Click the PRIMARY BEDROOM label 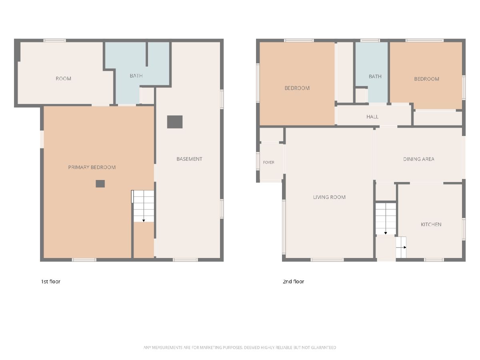92,168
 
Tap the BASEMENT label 189,159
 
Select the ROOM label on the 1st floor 64,79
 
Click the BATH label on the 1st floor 136,76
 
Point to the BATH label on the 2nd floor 375,76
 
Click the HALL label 372,117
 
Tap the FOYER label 268,162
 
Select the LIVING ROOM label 329,197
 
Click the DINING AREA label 419,159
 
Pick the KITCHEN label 431,224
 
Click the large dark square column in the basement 175,122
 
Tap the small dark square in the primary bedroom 100,184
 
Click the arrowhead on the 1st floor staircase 144,221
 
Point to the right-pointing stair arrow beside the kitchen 401,248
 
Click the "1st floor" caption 51,282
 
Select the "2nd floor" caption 294,282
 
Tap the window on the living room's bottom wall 327,260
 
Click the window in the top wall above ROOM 55,40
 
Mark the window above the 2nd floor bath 370,40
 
